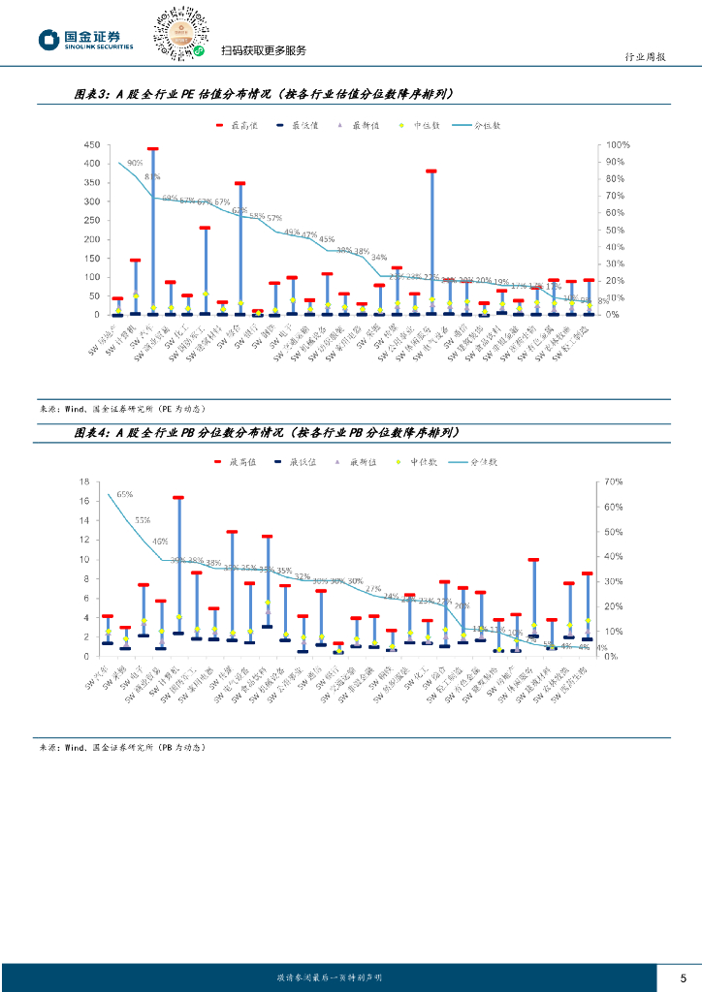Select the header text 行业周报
(x=644, y=57)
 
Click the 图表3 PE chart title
(x=262, y=94)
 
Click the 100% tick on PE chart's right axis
(x=619, y=144)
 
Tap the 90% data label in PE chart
(x=135, y=164)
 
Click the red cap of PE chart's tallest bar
(x=152, y=150)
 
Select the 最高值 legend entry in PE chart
(x=237, y=125)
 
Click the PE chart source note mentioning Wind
(x=121, y=408)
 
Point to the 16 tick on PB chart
(x=84, y=481)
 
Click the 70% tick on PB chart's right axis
(x=612, y=481)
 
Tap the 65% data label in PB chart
(x=125, y=494)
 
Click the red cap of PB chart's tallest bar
(x=178, y=498)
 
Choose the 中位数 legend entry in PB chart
(x=418, y=462)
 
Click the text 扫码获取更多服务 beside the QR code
(x=263, y=50)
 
